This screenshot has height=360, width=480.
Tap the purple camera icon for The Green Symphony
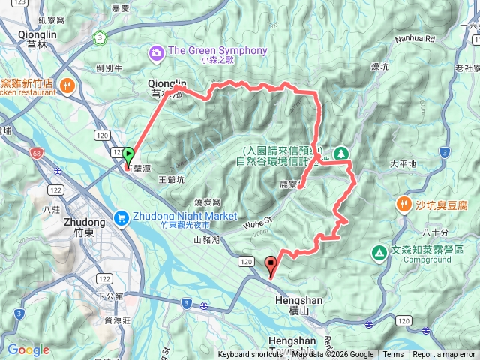pyautogui.click(x=157, y=52)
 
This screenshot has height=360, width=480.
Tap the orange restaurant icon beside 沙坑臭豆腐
pyautogui.click(x=403, y=203)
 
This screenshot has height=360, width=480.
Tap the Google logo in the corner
pyautogui.click(x=28, y=349)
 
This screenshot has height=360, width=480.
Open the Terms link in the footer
pyautogui.click(x=393, y=355)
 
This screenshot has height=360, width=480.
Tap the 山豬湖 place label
pyautogui.click(x=206, y=239)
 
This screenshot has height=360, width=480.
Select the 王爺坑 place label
pyautogui.click(x=172, y=180)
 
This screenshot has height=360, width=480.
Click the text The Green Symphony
pyautogui.click(x=217, y=51)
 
